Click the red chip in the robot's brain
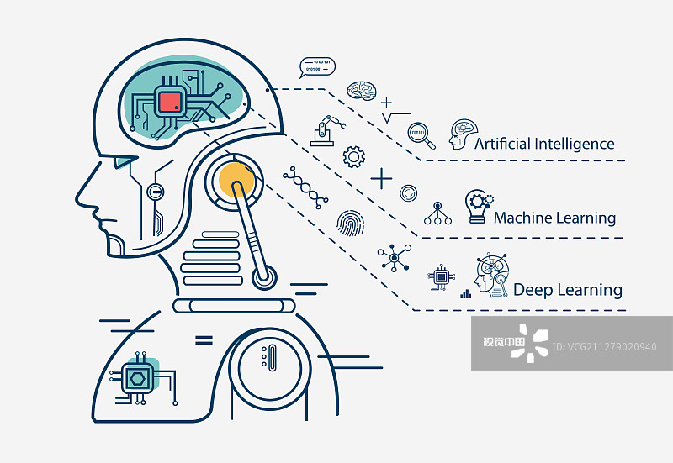pos(169,102)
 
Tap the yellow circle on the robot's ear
pos(236,179)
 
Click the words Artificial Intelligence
pos(544,144)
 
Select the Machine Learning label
pos(554,218)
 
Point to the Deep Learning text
pos(568,290)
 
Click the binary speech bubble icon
pos(317,67)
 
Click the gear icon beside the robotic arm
pos(354,155)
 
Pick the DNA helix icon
pos(305,187)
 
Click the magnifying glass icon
pos(419,133)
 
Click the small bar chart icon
pos(465,294)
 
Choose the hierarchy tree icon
pos(437,213)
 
